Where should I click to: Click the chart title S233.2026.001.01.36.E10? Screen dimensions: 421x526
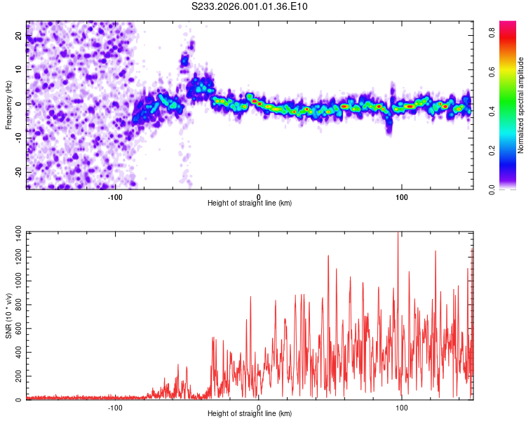click(250, 6)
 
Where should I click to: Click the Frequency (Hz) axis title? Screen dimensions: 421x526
click(8, 105)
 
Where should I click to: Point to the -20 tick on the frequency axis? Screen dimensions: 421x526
click(18, 171)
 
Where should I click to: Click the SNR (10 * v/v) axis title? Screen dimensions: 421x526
click(8, 315)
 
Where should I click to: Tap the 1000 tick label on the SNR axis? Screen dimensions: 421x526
click(13, 281)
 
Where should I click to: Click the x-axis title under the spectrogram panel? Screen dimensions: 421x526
click(250, 203)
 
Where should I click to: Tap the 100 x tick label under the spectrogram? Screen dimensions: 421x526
click(402, 196)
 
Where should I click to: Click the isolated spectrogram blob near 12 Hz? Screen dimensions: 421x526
click(184, 61)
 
